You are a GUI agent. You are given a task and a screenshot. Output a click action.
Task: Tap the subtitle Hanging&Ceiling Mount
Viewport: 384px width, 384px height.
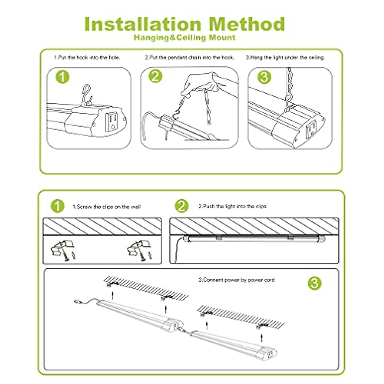click(185, 37)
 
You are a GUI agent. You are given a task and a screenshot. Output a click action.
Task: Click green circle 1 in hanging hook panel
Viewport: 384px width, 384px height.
click(62, 77)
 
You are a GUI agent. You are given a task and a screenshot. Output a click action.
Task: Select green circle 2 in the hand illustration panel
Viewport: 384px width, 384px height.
click(156, 76)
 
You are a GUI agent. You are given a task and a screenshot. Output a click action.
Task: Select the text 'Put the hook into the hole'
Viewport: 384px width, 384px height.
click(87, 58)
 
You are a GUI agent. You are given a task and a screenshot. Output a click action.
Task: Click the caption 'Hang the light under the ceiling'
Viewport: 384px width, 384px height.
click(285, 58)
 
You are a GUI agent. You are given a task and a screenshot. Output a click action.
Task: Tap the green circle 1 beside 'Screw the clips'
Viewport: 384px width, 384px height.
click(58, 206)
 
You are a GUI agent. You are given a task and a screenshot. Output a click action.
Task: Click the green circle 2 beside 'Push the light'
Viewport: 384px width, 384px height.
click(182, 206)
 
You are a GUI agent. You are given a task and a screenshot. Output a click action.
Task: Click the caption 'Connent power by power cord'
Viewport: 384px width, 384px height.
click(236, 280)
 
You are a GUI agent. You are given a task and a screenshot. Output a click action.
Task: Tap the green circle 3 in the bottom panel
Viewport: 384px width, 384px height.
click(315, 283)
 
